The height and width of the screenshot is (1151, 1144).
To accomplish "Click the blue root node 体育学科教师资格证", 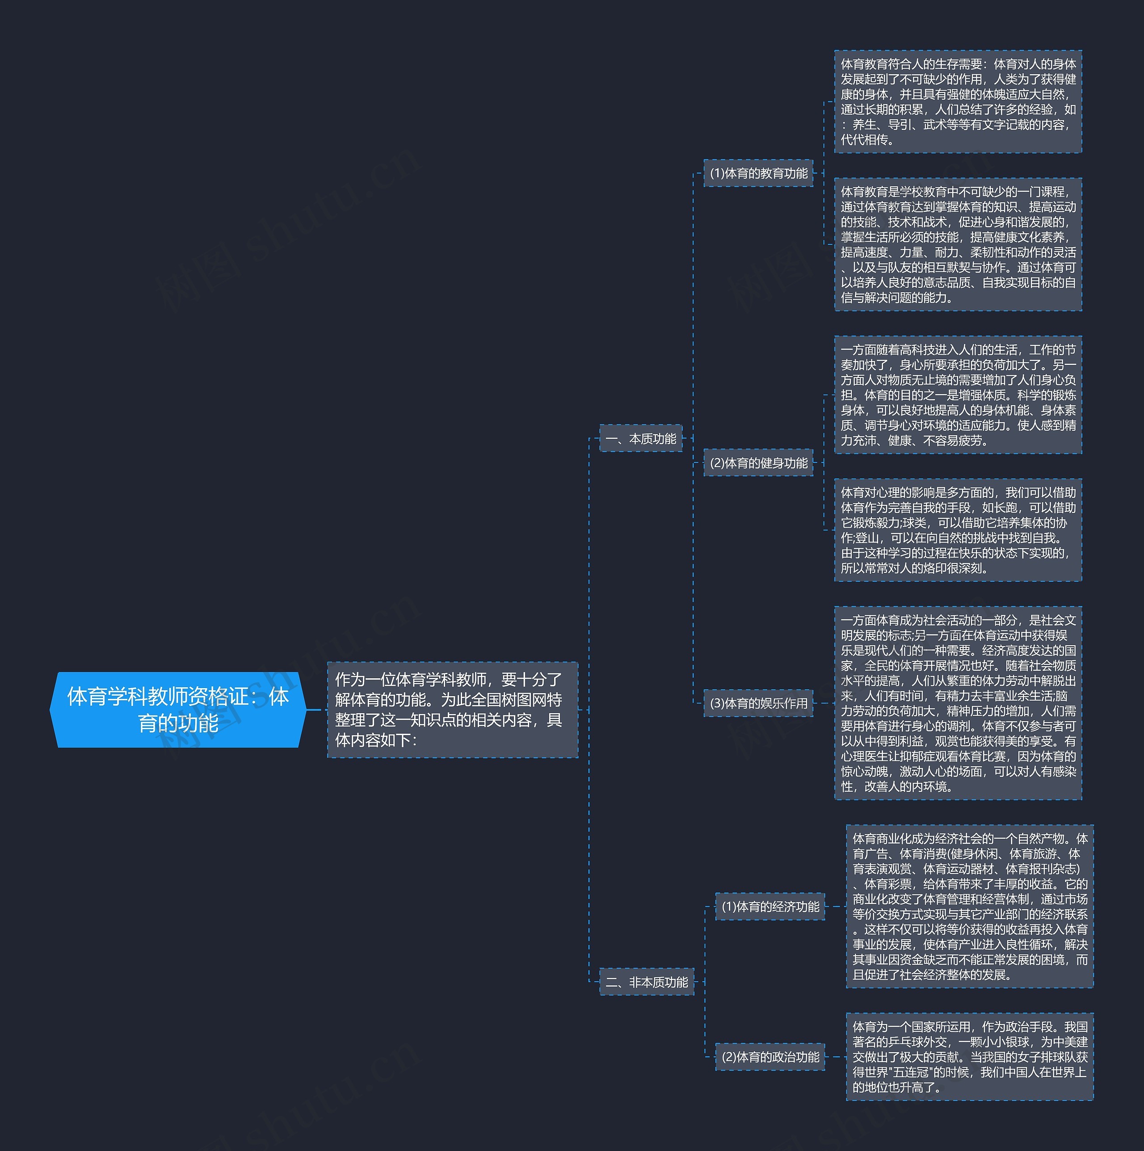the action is (x=177, y=710).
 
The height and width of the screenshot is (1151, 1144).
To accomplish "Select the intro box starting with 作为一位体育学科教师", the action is (x=452, y=710).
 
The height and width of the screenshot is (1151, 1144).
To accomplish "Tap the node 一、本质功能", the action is (x=640, y=438).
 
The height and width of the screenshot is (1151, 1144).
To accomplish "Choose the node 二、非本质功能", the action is (x=647, y=982).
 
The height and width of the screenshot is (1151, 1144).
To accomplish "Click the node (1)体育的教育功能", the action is (x=758, y=173).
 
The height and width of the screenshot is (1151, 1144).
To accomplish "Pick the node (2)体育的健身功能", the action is (x=758, y=462).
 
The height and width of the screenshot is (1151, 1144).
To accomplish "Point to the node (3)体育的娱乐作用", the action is (x=758, y=703).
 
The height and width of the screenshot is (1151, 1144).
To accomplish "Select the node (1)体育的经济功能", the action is (x=770, y=906).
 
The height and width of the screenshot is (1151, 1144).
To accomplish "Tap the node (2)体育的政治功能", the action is (x=770, y=1057).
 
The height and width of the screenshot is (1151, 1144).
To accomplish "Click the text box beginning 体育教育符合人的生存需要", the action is (x=958, y=101).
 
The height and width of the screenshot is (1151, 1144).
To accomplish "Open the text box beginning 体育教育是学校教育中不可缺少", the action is (x=958, y=244).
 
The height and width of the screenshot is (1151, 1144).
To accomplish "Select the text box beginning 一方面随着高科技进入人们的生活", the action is (x=958, y=395).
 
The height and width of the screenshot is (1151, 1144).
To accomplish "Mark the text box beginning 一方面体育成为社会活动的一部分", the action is (x=958, y=703).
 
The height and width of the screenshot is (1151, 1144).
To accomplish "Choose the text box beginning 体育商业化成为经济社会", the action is (x=970, y=906).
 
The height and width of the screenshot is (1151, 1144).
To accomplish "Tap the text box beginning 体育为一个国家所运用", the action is (x=970, y=1057).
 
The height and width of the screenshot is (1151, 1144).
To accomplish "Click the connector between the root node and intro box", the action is (x=316, y=710).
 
